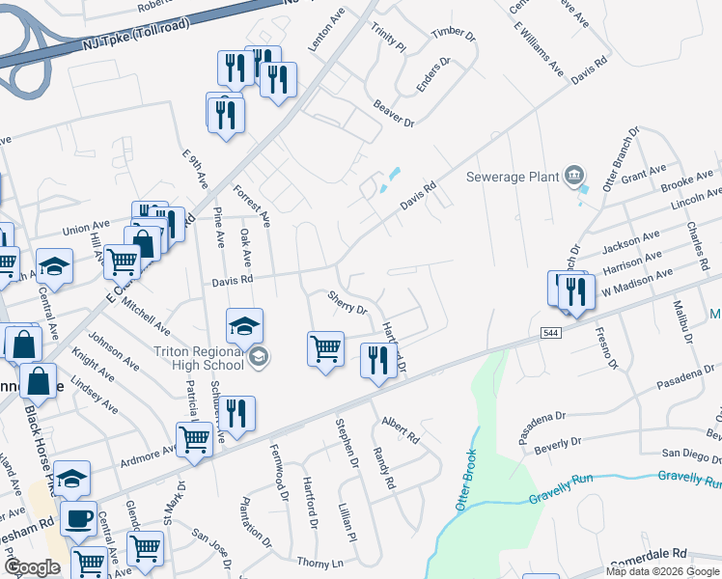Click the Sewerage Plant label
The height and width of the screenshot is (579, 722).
(x=513, y=177)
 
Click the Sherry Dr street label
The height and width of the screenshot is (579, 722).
(x=347, y=303)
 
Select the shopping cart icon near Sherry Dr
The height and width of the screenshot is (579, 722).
(x=325, y=347)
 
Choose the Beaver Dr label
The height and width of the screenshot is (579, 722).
(x=393, y=116)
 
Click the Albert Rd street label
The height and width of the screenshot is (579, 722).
(x=401, y=429)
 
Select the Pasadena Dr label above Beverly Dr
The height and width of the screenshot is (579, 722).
(x=541, y=424)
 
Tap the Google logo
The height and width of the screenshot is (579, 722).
(x=32, y=566)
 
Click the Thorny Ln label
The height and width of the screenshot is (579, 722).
(x=319, y=562)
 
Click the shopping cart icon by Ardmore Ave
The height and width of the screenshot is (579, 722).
(x=195, y=439)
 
